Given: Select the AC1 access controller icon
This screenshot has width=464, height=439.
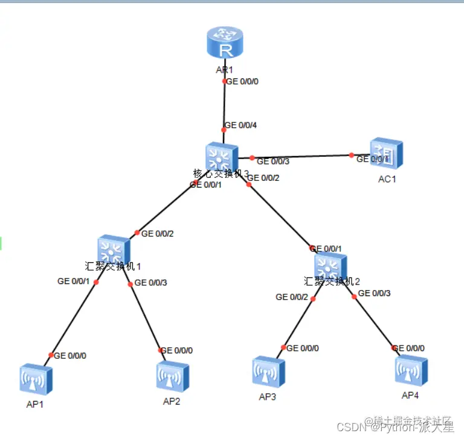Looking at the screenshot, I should click(386, 154).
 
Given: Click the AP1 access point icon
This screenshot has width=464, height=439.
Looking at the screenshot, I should click(36, 379).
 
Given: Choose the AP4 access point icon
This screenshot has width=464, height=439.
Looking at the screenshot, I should click(411, 369).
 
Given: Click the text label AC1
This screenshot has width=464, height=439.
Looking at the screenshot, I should click(387, 178).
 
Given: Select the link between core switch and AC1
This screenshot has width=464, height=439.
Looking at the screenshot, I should click(302, 157).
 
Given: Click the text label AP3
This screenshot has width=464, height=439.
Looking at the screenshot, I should click(268, 397).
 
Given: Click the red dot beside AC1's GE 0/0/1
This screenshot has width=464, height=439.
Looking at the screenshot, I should click(352, 155).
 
